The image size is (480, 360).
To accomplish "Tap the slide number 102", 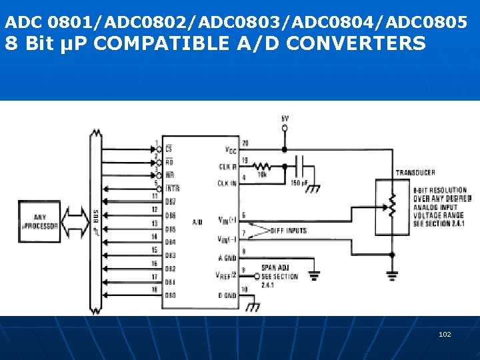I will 445,334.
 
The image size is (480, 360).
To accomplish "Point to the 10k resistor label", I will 262,175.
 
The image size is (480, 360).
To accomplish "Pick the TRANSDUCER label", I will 415,173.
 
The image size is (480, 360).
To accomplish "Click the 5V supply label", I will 285,119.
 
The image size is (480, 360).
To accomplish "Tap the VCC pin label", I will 231,149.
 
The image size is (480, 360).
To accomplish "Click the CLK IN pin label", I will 227,183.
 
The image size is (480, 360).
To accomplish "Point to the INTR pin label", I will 172,189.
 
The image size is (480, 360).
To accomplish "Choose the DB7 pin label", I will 171,201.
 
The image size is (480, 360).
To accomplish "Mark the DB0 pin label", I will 171,295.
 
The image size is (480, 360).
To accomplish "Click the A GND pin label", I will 227,258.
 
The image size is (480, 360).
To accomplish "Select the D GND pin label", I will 227,295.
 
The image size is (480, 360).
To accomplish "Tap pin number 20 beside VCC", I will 245,143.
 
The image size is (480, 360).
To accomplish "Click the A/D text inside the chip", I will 197,222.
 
